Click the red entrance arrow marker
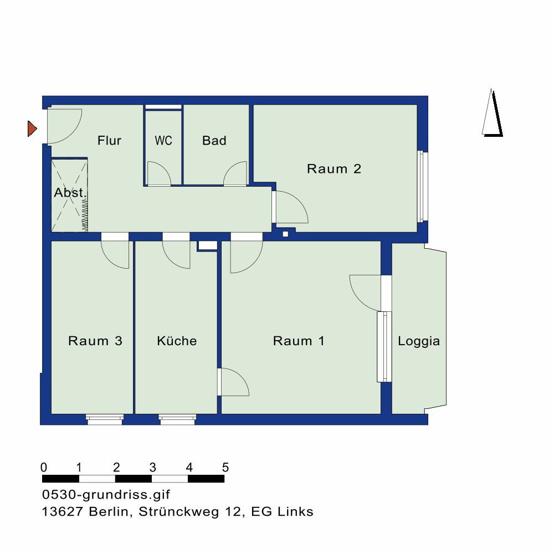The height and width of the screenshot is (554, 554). tap(32, 129)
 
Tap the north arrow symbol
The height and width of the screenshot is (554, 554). tap(492, 112)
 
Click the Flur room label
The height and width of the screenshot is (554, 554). tap(109, 141)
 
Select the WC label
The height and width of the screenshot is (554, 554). tap(163, 141)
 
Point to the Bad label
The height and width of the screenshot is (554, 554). tap(214, 141)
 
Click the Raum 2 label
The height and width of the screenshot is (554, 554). tap(334, 169)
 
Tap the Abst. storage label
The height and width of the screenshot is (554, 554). tap(70, 193)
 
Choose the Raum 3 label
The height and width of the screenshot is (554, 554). tap(95, 341)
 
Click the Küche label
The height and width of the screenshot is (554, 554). tap(177, 341)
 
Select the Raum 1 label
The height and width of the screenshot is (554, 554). tap(299, 341)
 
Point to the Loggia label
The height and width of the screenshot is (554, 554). tap(419, 341)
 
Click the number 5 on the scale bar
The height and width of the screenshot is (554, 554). tap(225, 468)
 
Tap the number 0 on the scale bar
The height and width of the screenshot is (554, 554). tap(44, 468)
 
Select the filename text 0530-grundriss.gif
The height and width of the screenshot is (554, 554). tap(106, 495)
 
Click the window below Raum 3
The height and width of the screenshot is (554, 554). tap(105, 419)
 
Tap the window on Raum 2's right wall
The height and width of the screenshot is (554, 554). tap(423, 186)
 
